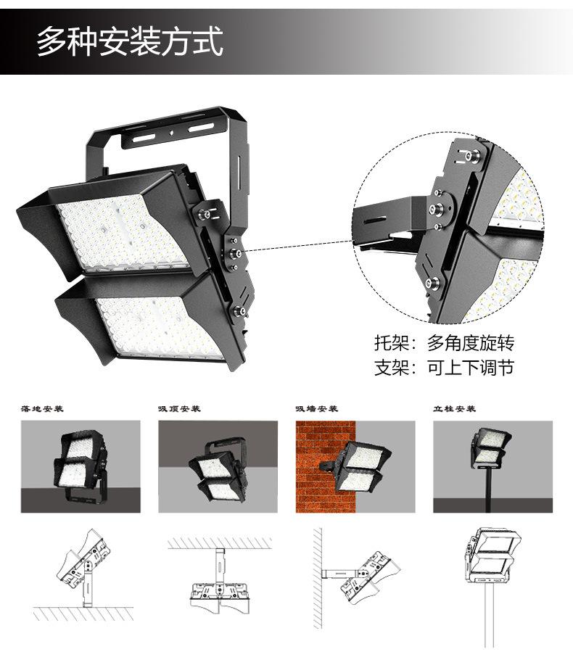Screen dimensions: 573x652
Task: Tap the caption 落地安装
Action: click(x=43, y=409)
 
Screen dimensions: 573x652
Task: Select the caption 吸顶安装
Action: click(x=179, y=409)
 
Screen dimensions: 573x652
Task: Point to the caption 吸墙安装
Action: click(x=317, y=409)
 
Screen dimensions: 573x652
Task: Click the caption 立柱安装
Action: click(x=455, y=409)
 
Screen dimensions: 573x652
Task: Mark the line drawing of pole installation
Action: click(x=491, y=573)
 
